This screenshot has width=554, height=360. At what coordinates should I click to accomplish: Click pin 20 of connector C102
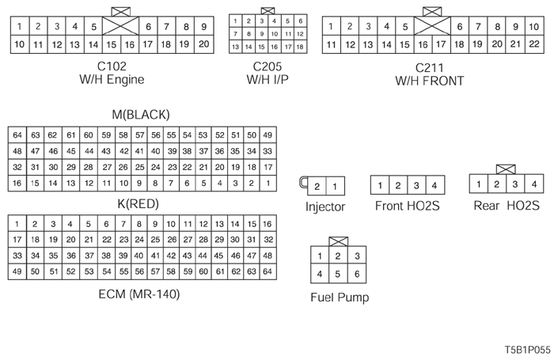[204, 44]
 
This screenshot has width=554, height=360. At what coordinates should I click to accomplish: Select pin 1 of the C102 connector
[18, 26]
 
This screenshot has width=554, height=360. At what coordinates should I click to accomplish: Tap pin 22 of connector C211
[533, 44]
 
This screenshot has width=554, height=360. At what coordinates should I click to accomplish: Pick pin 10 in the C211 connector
[533, 27]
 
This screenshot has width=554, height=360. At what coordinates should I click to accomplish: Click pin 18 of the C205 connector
[300, 47]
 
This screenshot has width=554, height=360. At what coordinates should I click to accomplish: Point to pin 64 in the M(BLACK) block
[17, 135]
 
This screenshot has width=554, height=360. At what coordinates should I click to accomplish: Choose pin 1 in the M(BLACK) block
[268, 184]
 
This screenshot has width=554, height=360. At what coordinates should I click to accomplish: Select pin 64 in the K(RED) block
[268, 272]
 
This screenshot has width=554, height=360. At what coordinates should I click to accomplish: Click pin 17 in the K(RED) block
[17, 239]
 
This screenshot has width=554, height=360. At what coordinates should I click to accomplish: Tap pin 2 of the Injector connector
[317, 187]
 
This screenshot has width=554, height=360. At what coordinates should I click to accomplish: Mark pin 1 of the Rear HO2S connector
[479, 185]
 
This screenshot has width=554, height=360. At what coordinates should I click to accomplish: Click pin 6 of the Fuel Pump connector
[358, 274]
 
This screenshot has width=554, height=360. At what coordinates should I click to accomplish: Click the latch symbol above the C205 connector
[268, 11]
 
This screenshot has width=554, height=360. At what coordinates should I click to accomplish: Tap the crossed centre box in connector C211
[431, 36]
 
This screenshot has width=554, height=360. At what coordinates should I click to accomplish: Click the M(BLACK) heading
[141, 115]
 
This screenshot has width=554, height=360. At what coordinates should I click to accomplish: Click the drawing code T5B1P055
[525, 348]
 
